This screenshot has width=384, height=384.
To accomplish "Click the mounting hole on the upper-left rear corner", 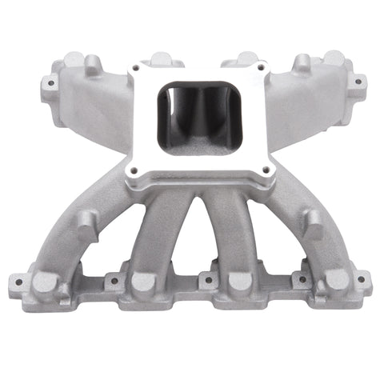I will click(x=50, y=82).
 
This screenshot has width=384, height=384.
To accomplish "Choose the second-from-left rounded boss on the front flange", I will click(x=144, y=282).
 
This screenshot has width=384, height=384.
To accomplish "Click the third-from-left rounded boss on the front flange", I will click(x=240, y=282).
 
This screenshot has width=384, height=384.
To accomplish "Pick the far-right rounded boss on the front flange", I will click(x=336, y=281).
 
